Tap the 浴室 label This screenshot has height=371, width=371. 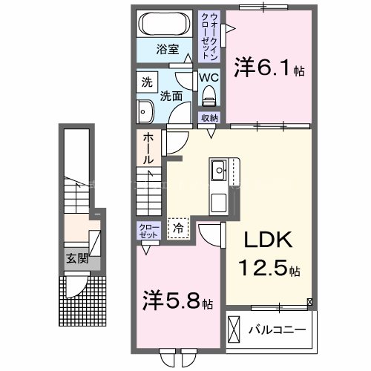[167, 50]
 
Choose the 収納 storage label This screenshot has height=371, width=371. [209, 118]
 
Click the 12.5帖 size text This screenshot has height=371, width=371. [269, 268]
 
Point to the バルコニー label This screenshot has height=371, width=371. [278, 327]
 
